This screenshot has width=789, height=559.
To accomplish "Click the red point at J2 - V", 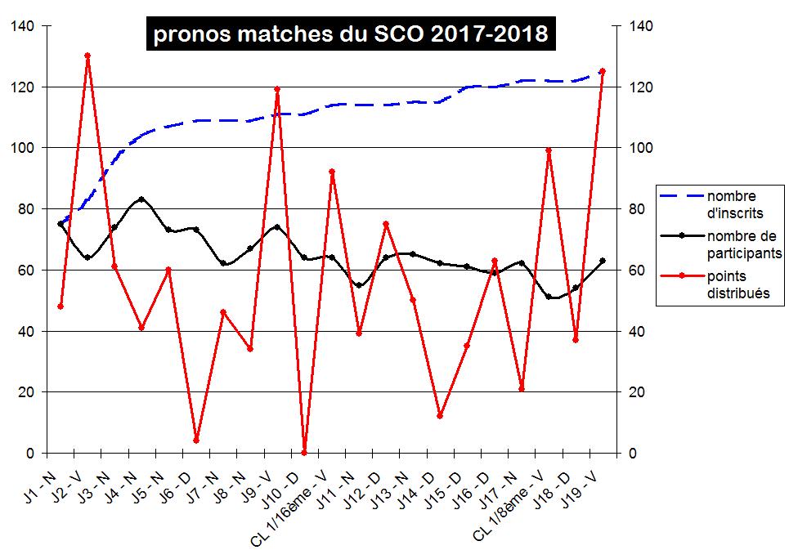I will tap(87, 56).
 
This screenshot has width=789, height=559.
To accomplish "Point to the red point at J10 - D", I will tap(304, 452).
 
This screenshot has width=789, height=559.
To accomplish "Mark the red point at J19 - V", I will tap(603, 71).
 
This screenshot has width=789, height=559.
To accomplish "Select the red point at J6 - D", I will tap(196, 440).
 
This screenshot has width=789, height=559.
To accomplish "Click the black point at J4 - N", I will tap(141, 199).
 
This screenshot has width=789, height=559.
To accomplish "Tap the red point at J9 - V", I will tap(277, 89).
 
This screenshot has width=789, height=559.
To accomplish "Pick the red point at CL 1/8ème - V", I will tap(549, 150).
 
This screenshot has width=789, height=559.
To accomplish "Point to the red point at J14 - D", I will tap(440, 416).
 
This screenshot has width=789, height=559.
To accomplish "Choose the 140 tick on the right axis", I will tap(640, 26).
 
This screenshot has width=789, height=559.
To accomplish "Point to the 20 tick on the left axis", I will tap(27, 392).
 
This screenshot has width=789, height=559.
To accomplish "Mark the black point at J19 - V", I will tap(603, 261).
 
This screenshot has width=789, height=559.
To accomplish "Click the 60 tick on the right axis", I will tap(637, 270).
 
